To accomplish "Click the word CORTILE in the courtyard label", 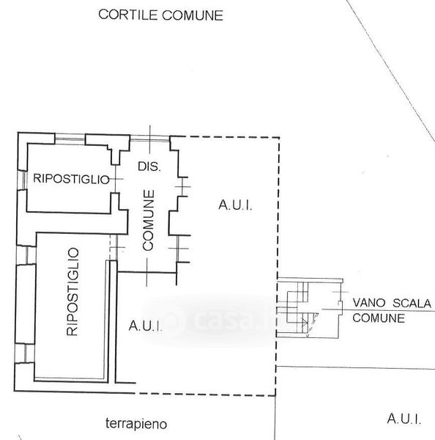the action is (128, 15).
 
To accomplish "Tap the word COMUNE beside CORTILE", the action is (193, 15).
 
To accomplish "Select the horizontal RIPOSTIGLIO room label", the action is (71, 179).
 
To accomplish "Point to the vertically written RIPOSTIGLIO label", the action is (72, 292).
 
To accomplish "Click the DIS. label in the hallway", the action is (149, 166).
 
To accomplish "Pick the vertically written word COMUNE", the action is (148, 220).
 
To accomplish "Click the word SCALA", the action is (412, 304).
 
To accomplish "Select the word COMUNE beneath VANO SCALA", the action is (379, 318).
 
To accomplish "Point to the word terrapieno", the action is (136, 424).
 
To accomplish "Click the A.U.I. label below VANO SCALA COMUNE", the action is (404, 419).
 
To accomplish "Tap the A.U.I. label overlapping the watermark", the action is (146, 326).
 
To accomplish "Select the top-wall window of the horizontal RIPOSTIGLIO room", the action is (70, 139).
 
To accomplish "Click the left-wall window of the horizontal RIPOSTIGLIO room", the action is (22, 180).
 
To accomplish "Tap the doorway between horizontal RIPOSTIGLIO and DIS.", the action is (115, 179).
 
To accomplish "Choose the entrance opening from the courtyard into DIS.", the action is (150, 139).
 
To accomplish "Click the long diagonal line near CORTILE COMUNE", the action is (391, 67).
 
